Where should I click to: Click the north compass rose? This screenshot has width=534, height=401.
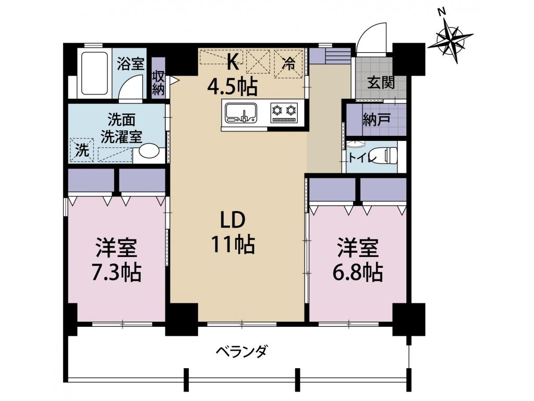click(451, 38)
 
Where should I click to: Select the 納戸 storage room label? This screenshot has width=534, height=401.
click(377, 120)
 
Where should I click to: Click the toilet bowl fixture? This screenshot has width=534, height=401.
click(389, 155)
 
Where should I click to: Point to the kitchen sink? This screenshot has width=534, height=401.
click(241, 112)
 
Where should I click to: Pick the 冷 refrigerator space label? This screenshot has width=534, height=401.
click(288, 64)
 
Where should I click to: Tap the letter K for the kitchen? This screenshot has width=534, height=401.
click(233, 63)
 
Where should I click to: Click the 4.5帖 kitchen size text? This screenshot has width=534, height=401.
click(233, 86)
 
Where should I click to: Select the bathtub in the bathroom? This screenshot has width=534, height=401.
click(94, 73)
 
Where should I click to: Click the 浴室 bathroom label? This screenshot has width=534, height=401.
click(130, 64)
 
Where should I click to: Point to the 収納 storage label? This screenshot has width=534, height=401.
click(158, 82)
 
